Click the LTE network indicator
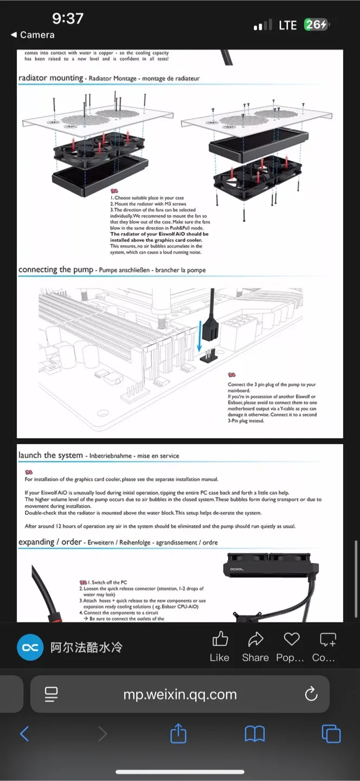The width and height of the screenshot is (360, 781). [x=287, y=25]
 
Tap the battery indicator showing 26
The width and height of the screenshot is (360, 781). [x=317, y=25]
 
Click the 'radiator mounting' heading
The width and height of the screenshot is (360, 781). [x=51, y=78]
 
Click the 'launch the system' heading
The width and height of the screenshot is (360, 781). [x=50, y=456]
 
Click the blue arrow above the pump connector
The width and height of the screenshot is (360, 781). [x=200, y=336]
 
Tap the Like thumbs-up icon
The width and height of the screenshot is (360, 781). [x=220, y=639]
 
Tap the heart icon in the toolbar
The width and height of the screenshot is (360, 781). [x=292, y=639]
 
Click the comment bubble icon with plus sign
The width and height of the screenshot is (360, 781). [x=327, y=639]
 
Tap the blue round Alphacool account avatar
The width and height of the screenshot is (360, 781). [x=30, y=647]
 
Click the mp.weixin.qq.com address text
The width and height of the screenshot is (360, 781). [x=180, y=694]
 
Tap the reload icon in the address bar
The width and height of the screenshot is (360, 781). [x=311, y=694]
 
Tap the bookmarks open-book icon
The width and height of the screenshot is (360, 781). [x=254, y=734]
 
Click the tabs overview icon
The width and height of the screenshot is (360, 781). [x=331, y=734]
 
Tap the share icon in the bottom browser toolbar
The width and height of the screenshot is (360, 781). [x=178, y=734]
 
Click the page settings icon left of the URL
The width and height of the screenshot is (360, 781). [x=52, y=694]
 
